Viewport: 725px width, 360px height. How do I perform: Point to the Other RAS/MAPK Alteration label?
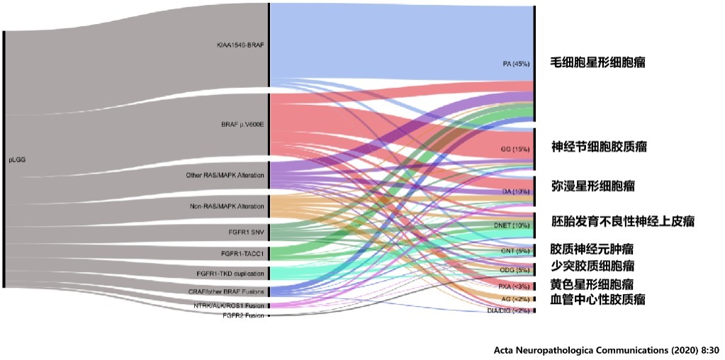click(225, 175)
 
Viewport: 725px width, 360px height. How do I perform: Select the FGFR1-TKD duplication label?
click(230, 274)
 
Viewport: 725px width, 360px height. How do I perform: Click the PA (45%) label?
click(516, 64)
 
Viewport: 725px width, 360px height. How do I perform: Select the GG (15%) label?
click(515, 150)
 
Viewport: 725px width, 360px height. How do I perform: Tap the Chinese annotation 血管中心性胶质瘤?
click(597, 299)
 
